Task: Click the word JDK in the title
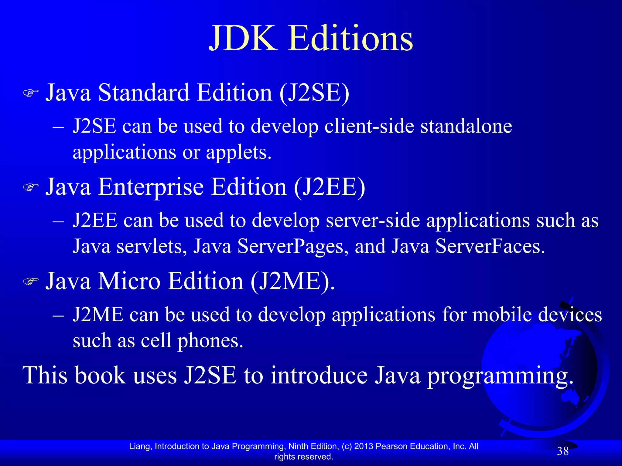[243, 39]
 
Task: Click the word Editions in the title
[350, 39]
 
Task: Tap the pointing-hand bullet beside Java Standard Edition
[31, 93]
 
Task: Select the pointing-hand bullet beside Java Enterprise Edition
[31, 187]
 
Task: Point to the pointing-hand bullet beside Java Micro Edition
[31, 282]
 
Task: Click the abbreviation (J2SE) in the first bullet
[314, 93]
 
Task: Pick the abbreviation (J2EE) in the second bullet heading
[330, 187]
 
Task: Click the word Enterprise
[151, 187]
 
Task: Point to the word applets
[238, 152]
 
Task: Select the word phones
[210, 341]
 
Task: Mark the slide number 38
[563, 451]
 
